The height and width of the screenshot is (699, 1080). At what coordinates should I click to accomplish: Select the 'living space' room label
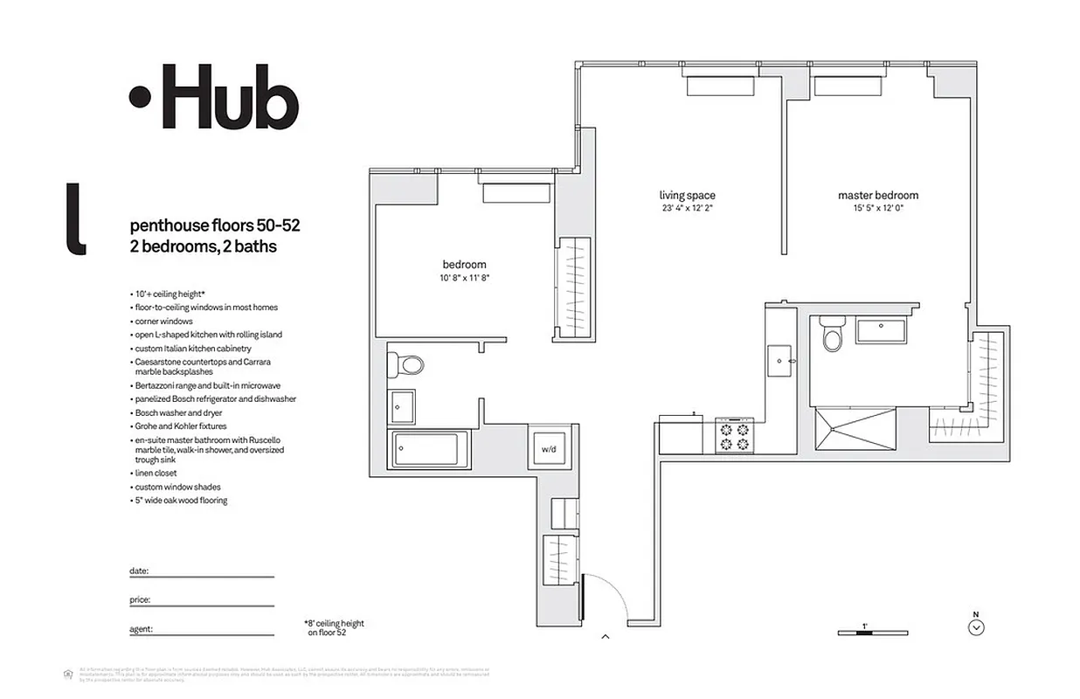(687, 196)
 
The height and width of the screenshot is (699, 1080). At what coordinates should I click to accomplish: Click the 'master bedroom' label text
(877, 196)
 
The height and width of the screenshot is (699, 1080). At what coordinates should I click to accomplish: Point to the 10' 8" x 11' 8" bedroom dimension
(464, 277)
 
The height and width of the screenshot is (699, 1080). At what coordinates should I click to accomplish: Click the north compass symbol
(977, 626)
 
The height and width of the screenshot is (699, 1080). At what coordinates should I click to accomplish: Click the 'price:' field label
(140, 600)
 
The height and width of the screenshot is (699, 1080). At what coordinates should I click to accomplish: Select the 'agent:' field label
(141, 628)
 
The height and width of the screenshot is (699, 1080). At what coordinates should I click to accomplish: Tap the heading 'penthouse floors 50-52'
(215, 225)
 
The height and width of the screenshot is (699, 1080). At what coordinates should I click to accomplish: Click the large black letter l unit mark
(76, 219)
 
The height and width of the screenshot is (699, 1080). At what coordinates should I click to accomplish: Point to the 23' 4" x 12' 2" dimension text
(687, 209)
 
